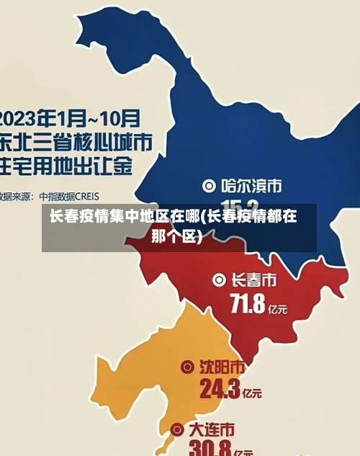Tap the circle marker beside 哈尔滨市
210,185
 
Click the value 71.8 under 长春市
247,304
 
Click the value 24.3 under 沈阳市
220,390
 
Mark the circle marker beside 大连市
177,431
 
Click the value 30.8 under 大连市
209,448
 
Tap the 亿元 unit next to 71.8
278,309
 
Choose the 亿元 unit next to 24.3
252,395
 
